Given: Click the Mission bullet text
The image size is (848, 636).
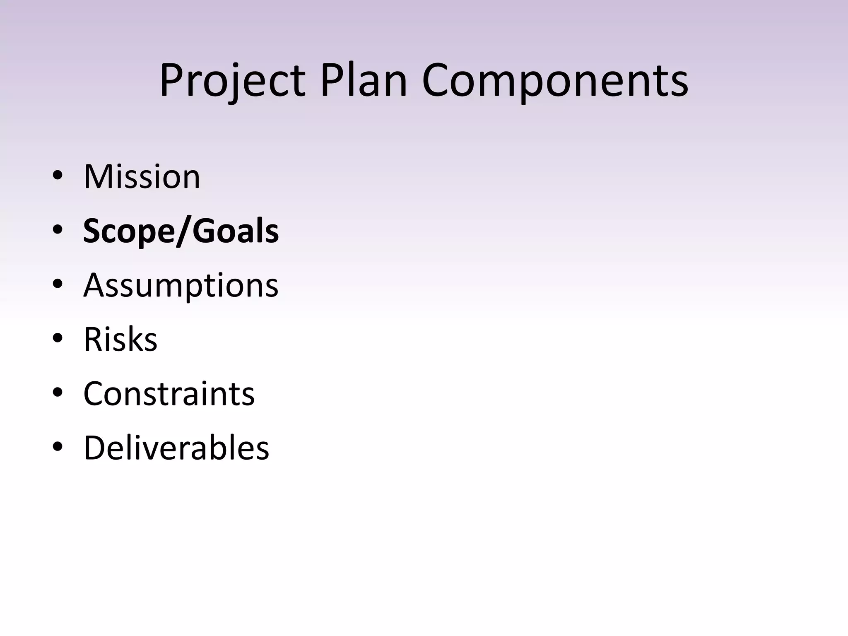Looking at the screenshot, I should (142, 177).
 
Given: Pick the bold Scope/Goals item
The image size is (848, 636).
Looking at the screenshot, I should (181, 231).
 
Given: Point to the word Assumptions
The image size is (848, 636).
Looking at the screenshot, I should (181, 286).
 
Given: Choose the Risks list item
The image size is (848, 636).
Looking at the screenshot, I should (120, 340).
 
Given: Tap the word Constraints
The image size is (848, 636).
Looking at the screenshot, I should (169, 394).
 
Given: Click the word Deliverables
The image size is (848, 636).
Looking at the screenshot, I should (176, 448).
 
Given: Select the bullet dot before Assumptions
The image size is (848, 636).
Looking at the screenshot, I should (58, 284).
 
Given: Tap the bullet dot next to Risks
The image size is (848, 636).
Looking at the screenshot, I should (58, 339).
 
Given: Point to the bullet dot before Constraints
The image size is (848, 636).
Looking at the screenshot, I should (58, 393).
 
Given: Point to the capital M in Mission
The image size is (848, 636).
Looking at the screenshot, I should (99, 177).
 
